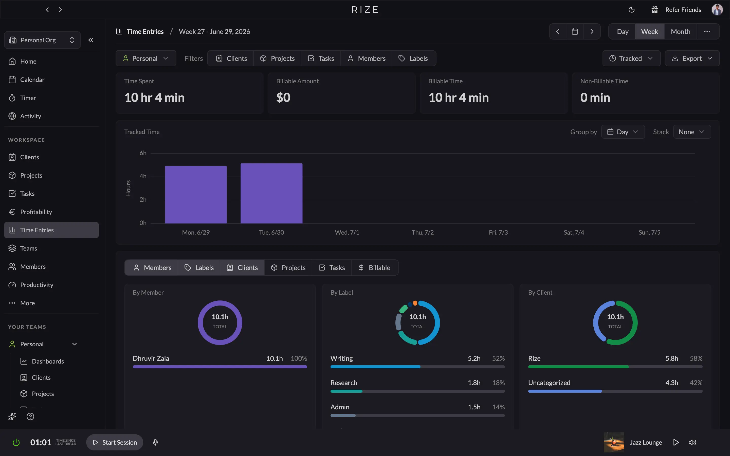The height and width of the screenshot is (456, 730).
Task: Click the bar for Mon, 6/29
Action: pos(196,195)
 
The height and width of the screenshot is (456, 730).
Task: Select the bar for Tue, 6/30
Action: pos(271,193)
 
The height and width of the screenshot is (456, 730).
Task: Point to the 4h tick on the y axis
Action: pos(143,176)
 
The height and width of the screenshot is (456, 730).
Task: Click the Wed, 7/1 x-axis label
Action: pos(347,232)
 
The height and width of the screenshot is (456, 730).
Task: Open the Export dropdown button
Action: pos(692,58)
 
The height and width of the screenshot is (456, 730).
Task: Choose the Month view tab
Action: pos(681,32)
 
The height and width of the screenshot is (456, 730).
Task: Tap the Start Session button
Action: pos(115,442)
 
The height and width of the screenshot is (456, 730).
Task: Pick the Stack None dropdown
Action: pos(692,132)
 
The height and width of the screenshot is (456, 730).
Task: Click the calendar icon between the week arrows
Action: pos(575,32)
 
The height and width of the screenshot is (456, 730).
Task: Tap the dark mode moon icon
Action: pos(631,10)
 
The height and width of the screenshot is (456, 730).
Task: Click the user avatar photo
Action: pos(717,10)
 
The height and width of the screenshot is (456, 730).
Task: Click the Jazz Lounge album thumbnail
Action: pos(614,442)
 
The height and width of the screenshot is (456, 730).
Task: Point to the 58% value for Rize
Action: pos(696,358)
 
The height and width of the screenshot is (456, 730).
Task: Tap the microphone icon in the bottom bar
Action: pos(155,442)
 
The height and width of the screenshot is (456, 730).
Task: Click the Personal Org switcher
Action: pos(42,40)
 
